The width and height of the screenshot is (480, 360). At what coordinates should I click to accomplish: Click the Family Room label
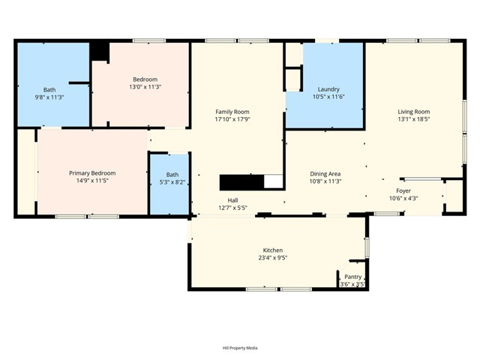[x=232, y=112]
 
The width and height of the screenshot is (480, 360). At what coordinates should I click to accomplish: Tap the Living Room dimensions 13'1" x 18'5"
[x=413, y=119]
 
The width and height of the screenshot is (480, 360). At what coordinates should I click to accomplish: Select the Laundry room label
[x=328, y=89]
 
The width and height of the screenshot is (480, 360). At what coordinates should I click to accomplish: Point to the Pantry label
[x=352, y=277]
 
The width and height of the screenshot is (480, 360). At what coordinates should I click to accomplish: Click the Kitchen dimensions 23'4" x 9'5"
[x=272, y=257]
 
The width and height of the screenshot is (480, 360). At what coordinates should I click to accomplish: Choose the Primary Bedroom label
[x=92, y=173]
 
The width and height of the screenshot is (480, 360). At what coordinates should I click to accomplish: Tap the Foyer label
[x=403, y=190]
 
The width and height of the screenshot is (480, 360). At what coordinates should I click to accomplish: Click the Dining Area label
[x=325, y=173]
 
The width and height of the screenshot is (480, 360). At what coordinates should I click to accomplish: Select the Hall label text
[x=233, y=200]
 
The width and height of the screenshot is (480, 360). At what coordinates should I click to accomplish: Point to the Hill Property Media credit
[x=240, y=347]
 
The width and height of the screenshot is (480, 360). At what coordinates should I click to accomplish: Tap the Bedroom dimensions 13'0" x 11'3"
[x=145, y=87]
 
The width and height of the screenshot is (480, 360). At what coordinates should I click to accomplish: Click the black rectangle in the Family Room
[x=241, y=182]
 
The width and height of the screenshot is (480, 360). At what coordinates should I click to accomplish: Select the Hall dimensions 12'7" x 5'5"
[x=233, y=208]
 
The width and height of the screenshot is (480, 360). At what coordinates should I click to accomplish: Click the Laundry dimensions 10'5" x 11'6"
[x=328, y=97]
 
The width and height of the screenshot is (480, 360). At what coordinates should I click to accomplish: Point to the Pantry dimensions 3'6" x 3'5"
[x=352, y=284]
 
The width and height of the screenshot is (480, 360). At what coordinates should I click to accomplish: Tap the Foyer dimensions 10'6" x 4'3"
[x=403, y=198]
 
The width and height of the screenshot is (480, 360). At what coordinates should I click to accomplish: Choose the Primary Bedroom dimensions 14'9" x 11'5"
[x=92, y=181]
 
